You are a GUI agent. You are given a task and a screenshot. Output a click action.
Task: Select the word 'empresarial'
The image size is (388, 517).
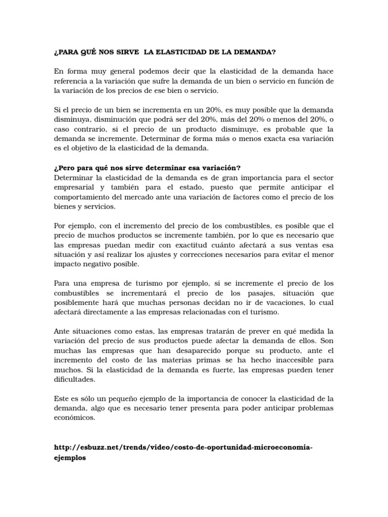pos(76,187)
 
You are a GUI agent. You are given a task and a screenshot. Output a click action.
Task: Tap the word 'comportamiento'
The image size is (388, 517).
pos(83,197)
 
